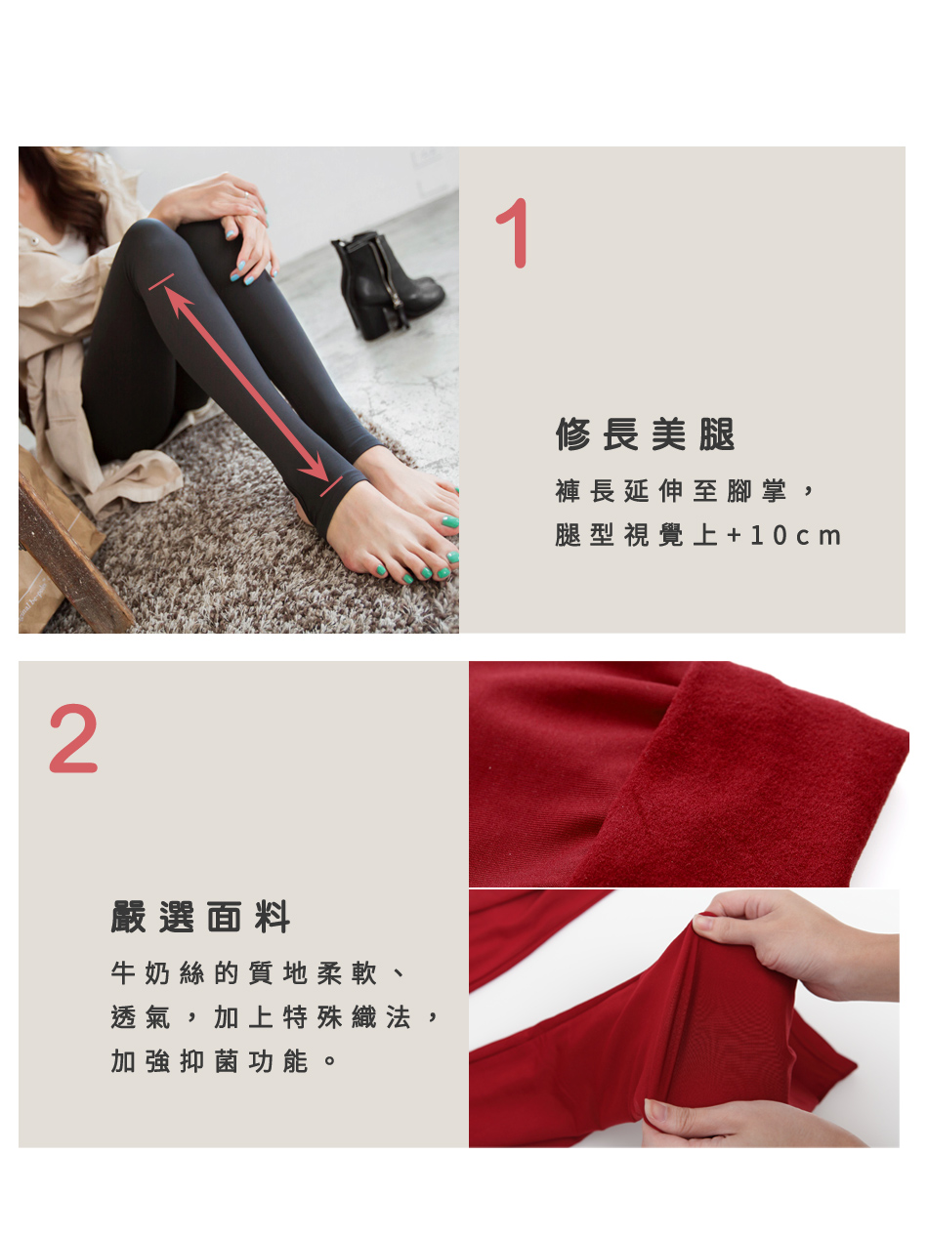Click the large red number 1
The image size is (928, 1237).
point(513,232)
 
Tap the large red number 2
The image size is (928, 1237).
point(73,738)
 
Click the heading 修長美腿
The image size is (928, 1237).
point(645,434)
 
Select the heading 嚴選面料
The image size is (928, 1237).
point(200,918)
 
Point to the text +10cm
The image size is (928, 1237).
point(783,536)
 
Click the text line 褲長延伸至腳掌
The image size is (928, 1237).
point(671,491)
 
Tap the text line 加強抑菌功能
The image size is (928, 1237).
point(210,1061)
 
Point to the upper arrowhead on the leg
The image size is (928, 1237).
point(178,302)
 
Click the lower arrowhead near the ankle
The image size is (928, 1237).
point(315,466)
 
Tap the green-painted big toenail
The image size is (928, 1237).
point(450,522)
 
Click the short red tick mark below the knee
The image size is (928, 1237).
point(161,282)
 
